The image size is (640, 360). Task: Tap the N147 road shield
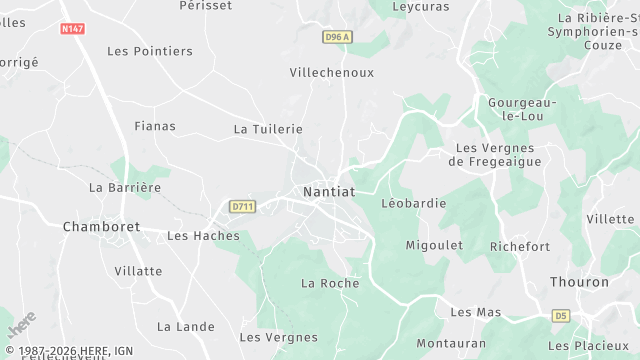pyautogui.click(x=72, y=29)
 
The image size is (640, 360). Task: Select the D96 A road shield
pyautogui.click(x=338, y=37)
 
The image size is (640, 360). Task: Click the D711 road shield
pyautogui.click(x=243, y=207)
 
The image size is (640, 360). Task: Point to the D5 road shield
pyautogui.click(x=561, y=316)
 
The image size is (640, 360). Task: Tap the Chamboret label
pyautogui.click(x=101, y=227)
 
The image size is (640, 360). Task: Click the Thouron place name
pyautogui.click(x=579, y=282)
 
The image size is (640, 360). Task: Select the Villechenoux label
pyautogui.click(x=331, y=73)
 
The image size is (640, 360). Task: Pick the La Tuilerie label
pyautogui.click(x=268, y=129)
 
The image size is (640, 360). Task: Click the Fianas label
pyautogui.click(x=155, y=126)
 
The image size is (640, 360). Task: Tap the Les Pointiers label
pyautogui.click(x=150, y=51)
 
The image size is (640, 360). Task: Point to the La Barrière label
pyautogui.click(x=125, y=187)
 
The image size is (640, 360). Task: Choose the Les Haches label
pyautogui.click(x=204, y=236)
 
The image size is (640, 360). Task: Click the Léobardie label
pyautogui.click(x=413, y=203)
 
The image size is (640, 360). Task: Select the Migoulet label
pyautogui.click(x=434, y=245)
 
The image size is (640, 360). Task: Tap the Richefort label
pyautogui.click(x=520, y=246)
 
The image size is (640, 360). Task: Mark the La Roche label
pyautogui.click(x=330, y=283)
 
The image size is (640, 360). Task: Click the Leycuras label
pyautogui.click(x=421, y=6)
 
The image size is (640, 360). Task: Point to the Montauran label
pyautogui.click(x=451, y=342)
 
